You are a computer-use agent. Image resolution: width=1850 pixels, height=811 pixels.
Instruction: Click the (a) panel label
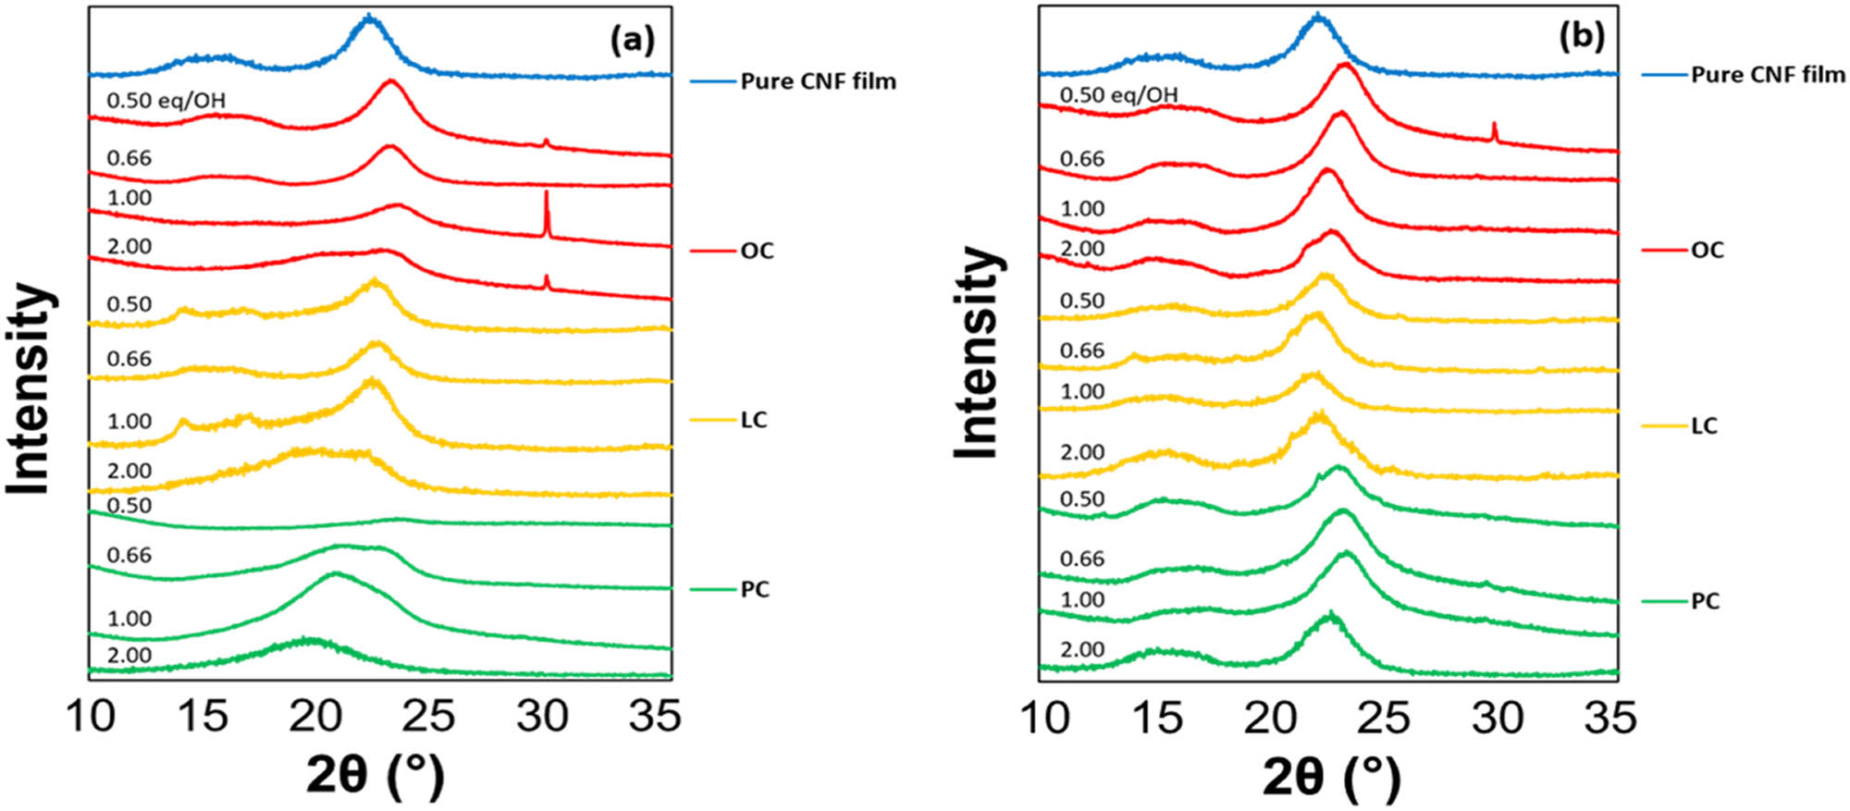(x=633, y=40)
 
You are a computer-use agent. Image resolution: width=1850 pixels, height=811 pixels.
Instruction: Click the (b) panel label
(x=1583, y=36)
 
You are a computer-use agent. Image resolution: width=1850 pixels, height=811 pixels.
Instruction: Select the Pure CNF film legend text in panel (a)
(x=818, y=81)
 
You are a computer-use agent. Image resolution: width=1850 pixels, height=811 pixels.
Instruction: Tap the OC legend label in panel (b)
(x=1707, y=251)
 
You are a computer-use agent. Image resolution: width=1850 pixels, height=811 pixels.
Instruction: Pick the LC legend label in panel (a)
(x=754, y=420)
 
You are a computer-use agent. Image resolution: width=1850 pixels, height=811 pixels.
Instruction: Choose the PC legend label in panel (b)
(x=1705, y=601)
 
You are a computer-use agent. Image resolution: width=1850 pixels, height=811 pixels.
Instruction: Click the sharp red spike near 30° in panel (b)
(x=1494, y=131)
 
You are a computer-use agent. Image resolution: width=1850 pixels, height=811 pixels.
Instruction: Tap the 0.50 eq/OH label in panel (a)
(x=166, y=100)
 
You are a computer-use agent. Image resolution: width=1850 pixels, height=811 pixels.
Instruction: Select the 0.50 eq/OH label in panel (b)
(x=1118, y=94)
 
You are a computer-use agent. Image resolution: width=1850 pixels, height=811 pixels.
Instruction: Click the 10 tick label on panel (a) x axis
(x=91, y=717)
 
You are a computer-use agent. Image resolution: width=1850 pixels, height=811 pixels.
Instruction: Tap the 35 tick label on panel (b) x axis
(x=1610, y=718)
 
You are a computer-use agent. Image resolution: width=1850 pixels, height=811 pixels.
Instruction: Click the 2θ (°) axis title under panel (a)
(x=375, y=775)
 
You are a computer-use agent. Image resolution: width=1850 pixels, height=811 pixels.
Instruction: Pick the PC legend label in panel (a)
(x=755, y=589)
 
